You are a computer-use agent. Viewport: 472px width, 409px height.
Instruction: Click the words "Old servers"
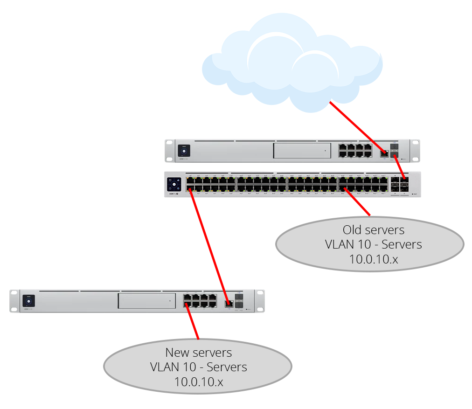(x=373, y=230)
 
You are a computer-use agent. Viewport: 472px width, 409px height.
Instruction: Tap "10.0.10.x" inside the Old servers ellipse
(x=373, y=259)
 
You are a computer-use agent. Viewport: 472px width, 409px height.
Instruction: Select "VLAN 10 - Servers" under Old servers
(x=373, y=244)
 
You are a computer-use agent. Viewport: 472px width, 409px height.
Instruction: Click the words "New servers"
(x=198, y=353)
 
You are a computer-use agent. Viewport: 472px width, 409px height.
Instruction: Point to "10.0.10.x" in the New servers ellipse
(x=198, y=382)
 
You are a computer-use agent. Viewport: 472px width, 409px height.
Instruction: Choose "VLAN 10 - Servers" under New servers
(x=198, y=367)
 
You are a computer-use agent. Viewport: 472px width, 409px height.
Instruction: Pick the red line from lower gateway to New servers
(x=193, y=322)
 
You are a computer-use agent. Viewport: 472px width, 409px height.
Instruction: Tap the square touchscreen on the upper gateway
(x=184, y=151)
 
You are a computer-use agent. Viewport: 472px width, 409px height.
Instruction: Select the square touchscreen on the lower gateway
(x=28, y=301)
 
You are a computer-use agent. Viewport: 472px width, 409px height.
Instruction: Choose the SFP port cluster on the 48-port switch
(x=400, y=184)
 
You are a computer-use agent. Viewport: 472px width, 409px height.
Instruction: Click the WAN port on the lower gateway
(x=229, y=304)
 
